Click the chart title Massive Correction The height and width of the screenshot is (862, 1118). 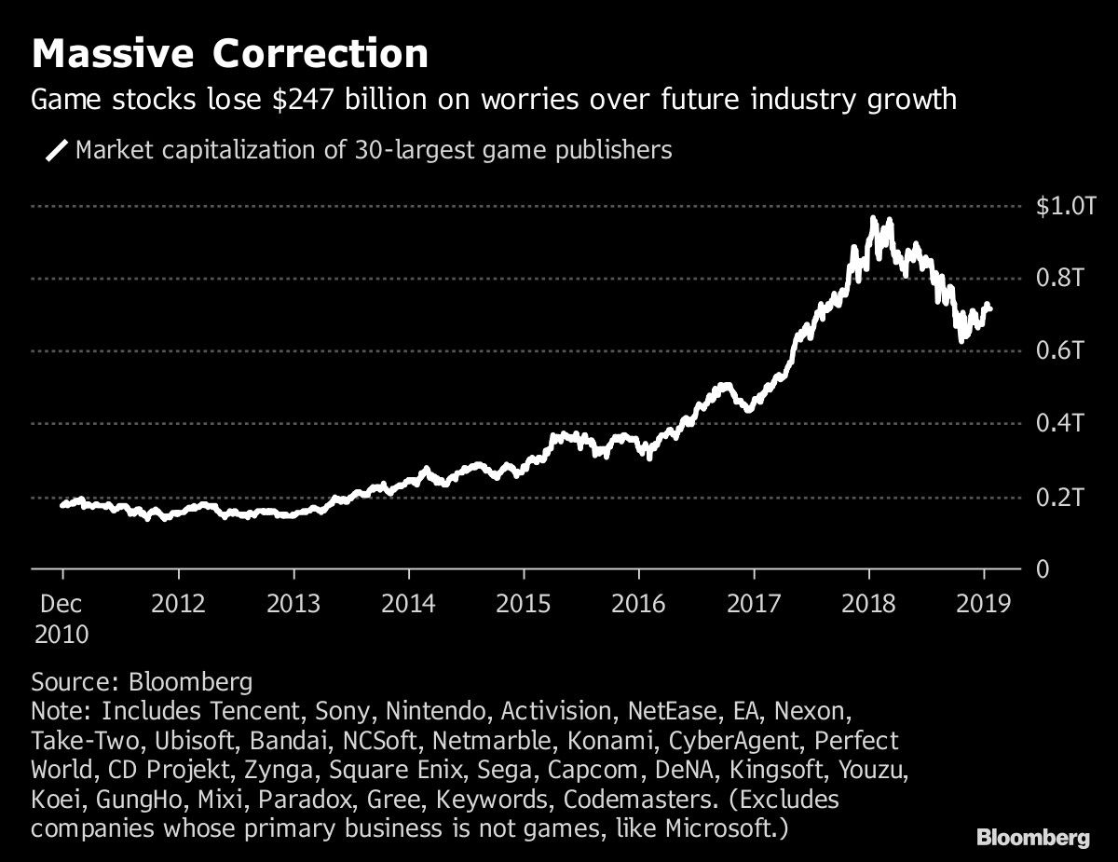(x=230, y=54)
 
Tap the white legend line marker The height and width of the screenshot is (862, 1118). (x=57, y=150)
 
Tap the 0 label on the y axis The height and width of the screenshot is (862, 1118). (x=1043, y=569)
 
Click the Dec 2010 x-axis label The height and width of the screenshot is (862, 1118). (x=61, y=619)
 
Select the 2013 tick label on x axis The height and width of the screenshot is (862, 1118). (x=293, y=604)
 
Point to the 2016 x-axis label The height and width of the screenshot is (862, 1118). (x=638, y=604)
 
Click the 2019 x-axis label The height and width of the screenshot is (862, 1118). (x=983, y=604)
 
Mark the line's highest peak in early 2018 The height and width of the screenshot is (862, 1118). (x=873, y=219)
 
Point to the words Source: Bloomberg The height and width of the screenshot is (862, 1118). (x=142, y=682)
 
